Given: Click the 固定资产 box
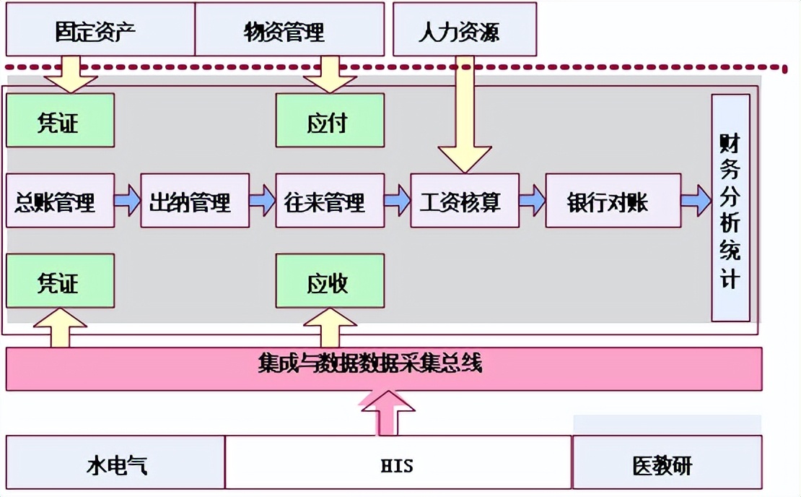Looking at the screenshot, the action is [x=100, y=29].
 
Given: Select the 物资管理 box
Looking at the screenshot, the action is [x=289, y=29].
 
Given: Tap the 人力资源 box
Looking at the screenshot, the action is [x=465, y=29].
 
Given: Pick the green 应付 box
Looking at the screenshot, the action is [x=330, y=121].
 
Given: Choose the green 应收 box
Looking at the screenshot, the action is [x=330, y=281].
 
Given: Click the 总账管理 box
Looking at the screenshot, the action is [x=61, y=200].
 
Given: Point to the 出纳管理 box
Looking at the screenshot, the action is [x=195, y=200].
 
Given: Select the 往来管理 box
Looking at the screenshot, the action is [x=330, y=200].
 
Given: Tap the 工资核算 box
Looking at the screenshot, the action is [x=465, y=200].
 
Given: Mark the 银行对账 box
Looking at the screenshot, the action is [x=613, y=200].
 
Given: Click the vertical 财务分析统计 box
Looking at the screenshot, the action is [x=730, y=207].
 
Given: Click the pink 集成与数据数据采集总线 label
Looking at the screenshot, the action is [x=370, y=363].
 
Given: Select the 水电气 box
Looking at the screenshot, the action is [x=115, y=462].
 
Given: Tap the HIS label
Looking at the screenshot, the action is [x=397, y=466].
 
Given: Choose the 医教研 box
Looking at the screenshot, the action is [x=667, y=462].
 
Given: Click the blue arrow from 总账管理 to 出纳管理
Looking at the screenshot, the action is [x=128, y=200].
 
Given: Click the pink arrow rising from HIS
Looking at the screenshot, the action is [x=388, y=413].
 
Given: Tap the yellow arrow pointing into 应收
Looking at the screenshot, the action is [x=330, y=328].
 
